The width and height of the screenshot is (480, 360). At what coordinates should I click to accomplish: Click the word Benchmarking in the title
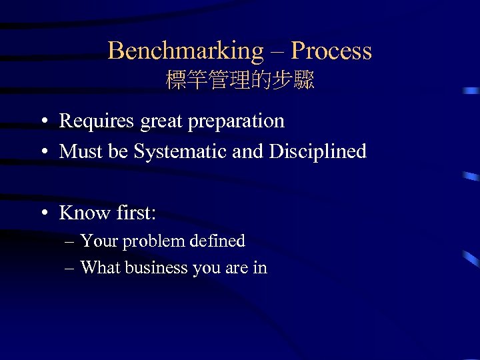tap(186, 51)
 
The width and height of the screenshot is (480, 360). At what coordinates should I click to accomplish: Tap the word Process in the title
tap(331, 51)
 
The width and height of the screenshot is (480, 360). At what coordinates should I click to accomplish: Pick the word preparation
tap(236, 122)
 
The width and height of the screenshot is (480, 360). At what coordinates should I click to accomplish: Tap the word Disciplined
tap(318, 151)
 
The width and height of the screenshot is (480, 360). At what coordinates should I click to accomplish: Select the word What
tap(100, 267)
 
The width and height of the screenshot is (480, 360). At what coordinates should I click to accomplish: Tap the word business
tap(157, 267)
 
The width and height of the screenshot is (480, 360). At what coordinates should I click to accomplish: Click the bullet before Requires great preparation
tap(43, 122)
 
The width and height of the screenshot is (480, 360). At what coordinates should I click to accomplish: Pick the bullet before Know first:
tap(43, 214)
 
